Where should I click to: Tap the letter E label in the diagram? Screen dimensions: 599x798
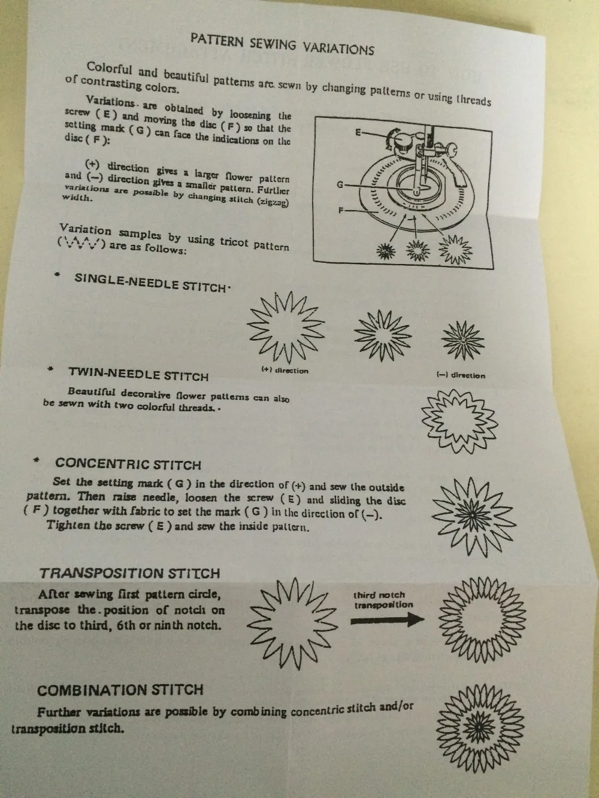point(358,133)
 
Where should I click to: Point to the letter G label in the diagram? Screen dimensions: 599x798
point(340,185)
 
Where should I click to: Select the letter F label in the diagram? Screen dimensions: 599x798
point(341,210)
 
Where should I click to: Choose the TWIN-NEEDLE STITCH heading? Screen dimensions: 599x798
point(138,374)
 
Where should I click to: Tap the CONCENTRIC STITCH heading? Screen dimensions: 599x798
point(128,464)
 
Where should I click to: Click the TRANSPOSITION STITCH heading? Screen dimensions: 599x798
point(130,574)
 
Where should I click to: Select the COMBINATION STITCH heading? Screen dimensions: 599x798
point(120,690)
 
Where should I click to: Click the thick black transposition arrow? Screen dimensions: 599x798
point(388,620)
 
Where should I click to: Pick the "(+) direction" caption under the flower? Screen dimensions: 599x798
point(285,371)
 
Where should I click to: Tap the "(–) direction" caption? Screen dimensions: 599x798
point(461,375)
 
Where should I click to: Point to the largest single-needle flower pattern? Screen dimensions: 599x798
point(286,327)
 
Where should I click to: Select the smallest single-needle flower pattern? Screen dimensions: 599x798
point(463,340)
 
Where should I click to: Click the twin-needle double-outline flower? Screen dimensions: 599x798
point(459,421)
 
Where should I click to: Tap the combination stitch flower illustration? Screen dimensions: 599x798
point(480,729)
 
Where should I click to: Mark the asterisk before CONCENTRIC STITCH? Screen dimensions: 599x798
point(36,460)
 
